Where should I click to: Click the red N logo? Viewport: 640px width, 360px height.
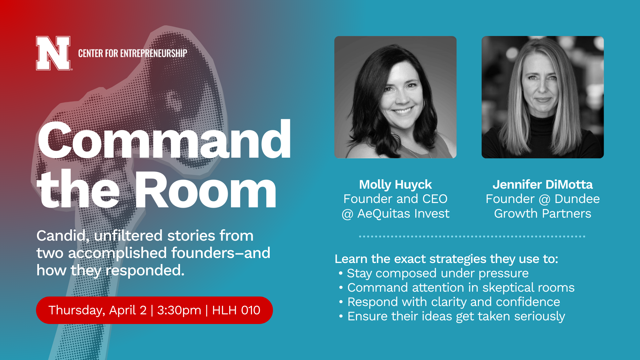tap(53, 53)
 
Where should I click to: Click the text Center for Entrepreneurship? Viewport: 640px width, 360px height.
tap(132, 53)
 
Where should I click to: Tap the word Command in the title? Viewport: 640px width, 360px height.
tap(164, 140)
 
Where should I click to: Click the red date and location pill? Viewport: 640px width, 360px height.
tap(154, 310)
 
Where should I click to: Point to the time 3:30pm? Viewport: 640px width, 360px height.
tap(179, 310)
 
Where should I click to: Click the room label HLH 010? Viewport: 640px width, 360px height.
tap(236, 310)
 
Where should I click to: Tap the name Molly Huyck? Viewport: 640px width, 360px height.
tap(395, 184)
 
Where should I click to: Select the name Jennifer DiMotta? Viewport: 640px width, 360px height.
tap(542, 184)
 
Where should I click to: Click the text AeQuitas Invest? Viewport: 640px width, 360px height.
tap(403, 213)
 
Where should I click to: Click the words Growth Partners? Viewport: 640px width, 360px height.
tap(542, 213)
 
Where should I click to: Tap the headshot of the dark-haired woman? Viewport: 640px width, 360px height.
tap(395, 97)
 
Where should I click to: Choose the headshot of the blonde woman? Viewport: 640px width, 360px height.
tap(542, 97)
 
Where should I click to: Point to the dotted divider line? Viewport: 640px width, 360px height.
tap(472, 236)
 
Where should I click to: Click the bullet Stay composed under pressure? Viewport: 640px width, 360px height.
tap(437, 273)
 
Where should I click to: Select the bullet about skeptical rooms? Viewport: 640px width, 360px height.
tap(461, 288)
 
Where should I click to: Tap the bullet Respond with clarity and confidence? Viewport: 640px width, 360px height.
tap(453, 302)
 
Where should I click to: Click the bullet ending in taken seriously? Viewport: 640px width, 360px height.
tap(456, 316)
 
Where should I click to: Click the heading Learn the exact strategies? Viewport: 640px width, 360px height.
tap(446, 259)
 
